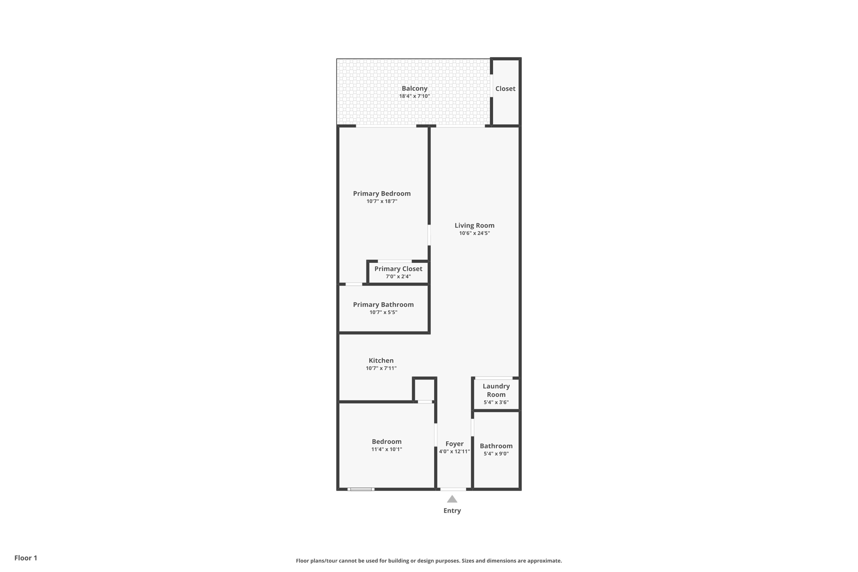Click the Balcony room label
pyautogui.click(x=414, y=88)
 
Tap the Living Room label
pyautogui.click(x=474, y=225)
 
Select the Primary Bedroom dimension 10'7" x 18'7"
pyautogui.click(x=382, y=202)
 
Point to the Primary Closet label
pyautogui.click(x=398, y=269)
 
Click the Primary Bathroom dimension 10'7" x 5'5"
pyautogui.click(x=383, y=313)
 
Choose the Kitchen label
pyautogui.click(x=381, y=360)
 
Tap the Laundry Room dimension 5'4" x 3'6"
pyautogui.click(x=496, y=402)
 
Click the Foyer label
pyautogui.click(x=454, y=444)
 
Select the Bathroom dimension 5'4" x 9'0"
pyautogui.click(x=496, y=454)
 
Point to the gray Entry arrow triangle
pyautogui.click(x=452, y=499)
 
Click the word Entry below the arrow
pyautogui.click(x=452, y=510)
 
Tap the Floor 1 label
pyautogui.click(x=26, y=558)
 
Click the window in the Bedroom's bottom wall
pyautogui.click(x=361, y=489)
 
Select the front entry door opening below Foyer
pyautogui.click(x=453, y=489)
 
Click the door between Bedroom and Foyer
pyautogui.click(x=436, y=435)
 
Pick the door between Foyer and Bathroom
pyautogui.click(x=473, y=427)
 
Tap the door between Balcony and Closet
pyautogui.click(x=491, y=85)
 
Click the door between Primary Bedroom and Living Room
pyautogui.click(x=429, y=235)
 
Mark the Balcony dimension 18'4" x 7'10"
pyautogui.click(x=414, y=96)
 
